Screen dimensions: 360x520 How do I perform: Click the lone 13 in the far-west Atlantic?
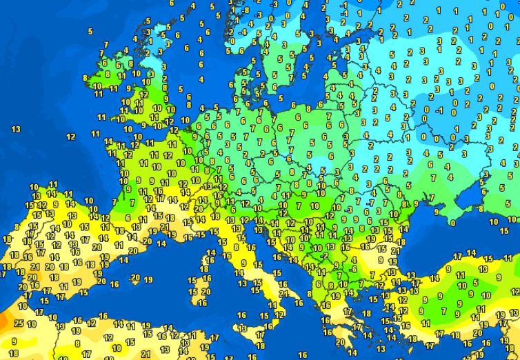(x=16, y=129)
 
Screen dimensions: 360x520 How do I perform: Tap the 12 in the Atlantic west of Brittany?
(x=71, y=137)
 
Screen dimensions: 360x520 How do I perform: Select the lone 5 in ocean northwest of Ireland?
(x=90, y=31)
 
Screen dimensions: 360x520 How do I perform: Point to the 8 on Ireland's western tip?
(x=86, y=78)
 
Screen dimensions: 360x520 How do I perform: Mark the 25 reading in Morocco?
(x=19, y=323)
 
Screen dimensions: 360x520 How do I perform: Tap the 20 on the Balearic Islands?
(x=149, y=241)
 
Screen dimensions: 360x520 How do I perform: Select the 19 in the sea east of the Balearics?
(x=149, y=279)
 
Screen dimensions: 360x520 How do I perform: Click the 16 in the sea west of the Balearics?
(x=114, y=283)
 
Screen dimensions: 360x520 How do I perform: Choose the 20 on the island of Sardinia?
(x=206, y=292)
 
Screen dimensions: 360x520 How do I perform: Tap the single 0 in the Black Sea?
(x=452, y=222)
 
